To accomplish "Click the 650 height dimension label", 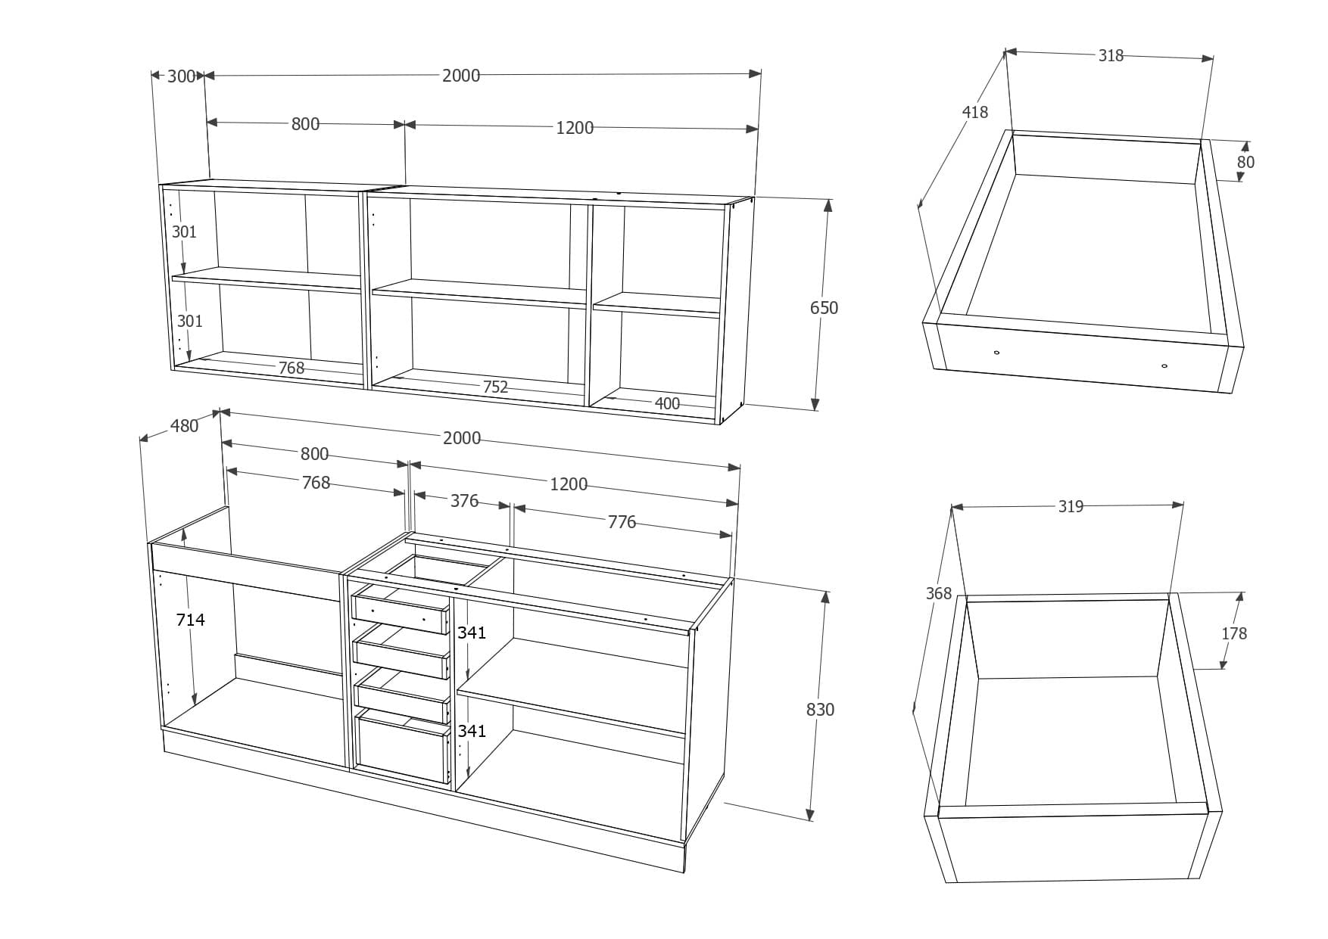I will pos(824,308).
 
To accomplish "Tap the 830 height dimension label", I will pos(820,709).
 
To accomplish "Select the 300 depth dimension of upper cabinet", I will pos(181,76).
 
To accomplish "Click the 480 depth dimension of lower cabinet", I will pos(184,426).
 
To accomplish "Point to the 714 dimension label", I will pos(190,620).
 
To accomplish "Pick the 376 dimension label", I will pos(464,501).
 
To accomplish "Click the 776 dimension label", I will pos(622,522).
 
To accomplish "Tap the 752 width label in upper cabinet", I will pos(495,387).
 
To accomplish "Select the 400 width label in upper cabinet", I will pos(667,403).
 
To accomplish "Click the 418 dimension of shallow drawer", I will pos(974,112).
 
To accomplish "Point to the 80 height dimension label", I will pos(1245,162).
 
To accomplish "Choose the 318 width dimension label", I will pos(1111,55).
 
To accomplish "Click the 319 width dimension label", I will pos(1071,506).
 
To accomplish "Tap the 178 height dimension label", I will pos(1233,633).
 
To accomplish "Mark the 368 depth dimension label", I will pos(938,593).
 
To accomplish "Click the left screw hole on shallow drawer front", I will pos(996,352).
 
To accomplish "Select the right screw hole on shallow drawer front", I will pos(1164,366).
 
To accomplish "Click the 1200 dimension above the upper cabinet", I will pos(575,128).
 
